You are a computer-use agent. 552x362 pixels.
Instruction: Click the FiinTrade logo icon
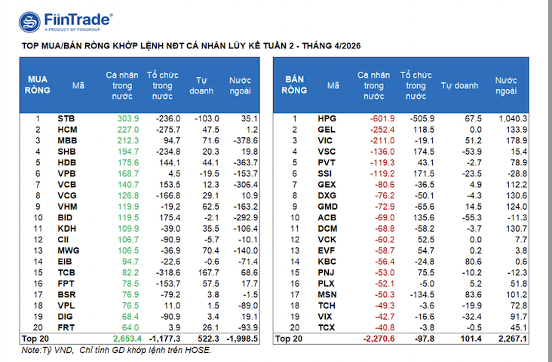click(x=30, y=23)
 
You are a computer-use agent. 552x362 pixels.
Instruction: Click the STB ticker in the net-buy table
click(x=66, y=118)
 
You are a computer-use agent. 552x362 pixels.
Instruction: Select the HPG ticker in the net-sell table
click(x=327, y=118)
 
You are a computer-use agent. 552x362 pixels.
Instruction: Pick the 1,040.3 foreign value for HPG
click(x=513, y=118)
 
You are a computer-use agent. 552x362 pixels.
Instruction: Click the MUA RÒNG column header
click(x=38, y=83)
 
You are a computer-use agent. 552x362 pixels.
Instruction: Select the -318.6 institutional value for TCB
click(x=167, y=272)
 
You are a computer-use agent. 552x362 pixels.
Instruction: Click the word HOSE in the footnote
click(x=198, y=350)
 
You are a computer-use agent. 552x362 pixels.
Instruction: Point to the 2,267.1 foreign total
click(x=513, y=339)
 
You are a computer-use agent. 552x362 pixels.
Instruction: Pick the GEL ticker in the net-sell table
click(x=327, y=129)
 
